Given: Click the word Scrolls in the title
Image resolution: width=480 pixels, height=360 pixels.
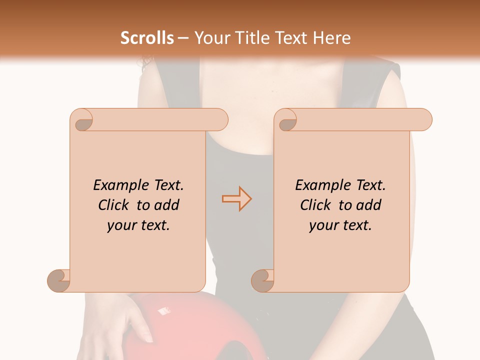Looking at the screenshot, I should [x=147, y=38].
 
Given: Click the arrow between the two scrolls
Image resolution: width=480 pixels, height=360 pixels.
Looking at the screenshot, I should [x=236, y=199].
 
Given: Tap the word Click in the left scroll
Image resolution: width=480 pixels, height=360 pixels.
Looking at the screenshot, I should [x=114, y=205].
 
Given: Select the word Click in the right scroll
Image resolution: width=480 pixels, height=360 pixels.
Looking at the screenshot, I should [x=316, y=205].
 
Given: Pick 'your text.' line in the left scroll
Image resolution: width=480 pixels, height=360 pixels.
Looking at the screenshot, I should [x=138, y=225].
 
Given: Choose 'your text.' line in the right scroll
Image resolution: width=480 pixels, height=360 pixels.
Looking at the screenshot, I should [x=340, y=225].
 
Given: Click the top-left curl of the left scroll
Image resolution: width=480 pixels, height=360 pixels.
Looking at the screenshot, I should [x=82, y=120].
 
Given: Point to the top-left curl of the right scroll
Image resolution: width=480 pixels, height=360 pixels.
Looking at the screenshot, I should [x=286, y=120].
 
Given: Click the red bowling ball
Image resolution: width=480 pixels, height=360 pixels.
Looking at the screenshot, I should [x=210, y=325].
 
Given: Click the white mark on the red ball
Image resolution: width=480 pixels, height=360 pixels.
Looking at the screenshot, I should [x=163, y=311].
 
